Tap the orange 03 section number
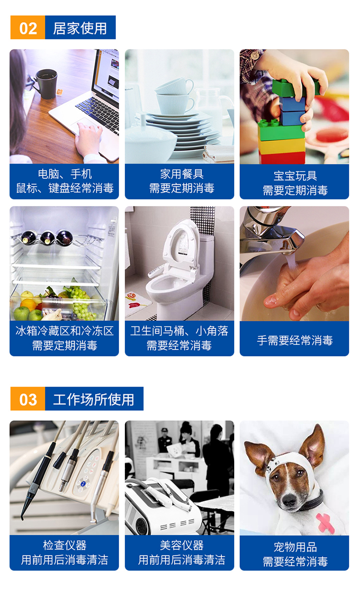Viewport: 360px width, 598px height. pos(28,399)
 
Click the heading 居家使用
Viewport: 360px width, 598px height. pos(80,28)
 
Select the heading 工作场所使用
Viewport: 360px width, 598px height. pos(94,399)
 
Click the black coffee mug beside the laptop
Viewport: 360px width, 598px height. pos(46,83)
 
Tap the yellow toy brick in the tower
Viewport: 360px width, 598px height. pos(282,146)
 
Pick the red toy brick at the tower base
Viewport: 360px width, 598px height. pos(282,158)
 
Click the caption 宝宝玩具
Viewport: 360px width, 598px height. pos(295,176)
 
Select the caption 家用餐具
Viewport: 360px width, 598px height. pos(182,174)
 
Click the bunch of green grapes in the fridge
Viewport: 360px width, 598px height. pos(80,303)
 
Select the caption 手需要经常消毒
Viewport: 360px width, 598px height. pos(295,341)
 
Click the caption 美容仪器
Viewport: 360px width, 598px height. pos(182,545)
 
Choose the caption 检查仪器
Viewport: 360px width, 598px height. pos(65,545)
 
